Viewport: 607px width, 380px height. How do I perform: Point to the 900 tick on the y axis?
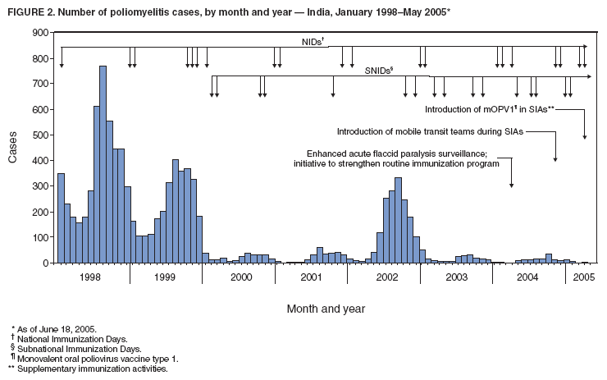[52, 32]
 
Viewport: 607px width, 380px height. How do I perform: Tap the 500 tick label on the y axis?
[39, 135]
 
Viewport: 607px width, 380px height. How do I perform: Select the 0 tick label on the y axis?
[44, 263]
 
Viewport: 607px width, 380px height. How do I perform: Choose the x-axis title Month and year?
[326, 309]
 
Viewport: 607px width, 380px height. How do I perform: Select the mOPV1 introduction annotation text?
[490, 109]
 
